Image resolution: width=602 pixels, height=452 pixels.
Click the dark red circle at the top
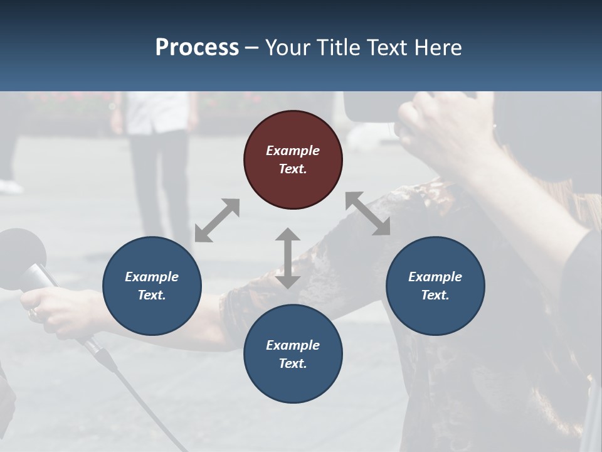point(293,160)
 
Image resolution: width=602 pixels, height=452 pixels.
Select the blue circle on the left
point(152,286)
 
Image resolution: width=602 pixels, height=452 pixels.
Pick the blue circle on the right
point(435,286)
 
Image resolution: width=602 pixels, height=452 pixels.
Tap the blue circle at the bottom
point(293,354)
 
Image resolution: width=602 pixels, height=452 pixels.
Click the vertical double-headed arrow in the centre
point(288,258)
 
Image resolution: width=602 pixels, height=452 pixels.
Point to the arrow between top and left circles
point(217,220)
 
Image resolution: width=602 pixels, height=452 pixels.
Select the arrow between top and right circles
point(367,213)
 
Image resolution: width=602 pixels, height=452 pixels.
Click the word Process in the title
point(197,47)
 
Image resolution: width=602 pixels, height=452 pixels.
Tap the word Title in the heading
point(339,47)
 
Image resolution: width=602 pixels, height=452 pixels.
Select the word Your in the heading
point(288,47)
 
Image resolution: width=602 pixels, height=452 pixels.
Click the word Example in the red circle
point(293,151)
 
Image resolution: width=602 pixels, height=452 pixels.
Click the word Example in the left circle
point(152,277)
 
